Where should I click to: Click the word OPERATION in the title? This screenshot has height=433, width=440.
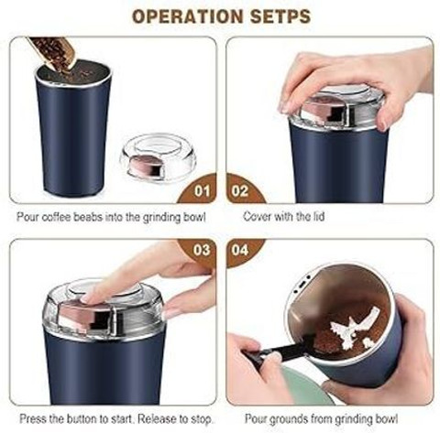(x=187, y=16)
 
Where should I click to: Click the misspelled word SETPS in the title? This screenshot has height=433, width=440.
(x=280, y=16)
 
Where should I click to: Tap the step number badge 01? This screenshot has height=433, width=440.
(x=202, y=191)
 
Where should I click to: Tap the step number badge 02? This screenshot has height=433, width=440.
(x=240, y=191)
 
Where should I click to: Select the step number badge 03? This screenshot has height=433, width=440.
(x=202, y=250)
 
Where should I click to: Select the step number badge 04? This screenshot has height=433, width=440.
(x=240, y=250)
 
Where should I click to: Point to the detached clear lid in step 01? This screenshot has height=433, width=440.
(x=158, y=157)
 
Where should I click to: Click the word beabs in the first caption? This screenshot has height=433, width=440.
(x=88, y=217)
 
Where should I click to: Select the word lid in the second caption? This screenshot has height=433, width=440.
(x=319, y=217)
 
